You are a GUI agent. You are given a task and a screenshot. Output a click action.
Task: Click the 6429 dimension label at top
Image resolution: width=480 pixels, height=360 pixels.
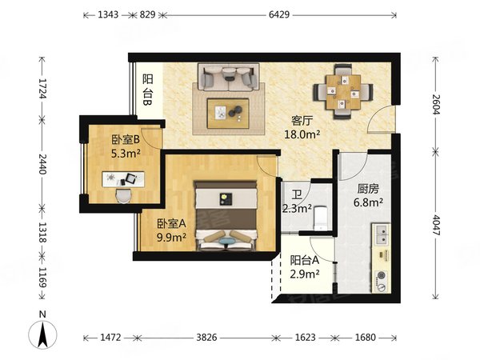(x=279, y=14)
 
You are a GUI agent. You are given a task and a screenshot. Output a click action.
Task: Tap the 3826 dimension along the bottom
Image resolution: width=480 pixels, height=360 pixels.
(x=206, y=338)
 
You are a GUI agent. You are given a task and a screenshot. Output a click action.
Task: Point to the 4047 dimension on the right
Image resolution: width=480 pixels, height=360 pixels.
(x=437, y=225)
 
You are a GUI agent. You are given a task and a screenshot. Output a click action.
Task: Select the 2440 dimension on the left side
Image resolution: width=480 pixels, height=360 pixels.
(x=42, y=164)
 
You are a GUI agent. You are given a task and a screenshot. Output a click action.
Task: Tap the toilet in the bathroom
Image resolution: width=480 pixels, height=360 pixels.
(x=321, y=218)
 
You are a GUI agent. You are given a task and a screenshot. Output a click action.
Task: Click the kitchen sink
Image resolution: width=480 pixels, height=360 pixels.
(x=382, y=234)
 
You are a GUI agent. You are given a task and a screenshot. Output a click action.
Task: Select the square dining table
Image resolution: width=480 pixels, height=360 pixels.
(x=343, y=92)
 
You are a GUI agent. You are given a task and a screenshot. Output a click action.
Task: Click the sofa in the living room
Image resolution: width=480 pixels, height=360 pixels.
(x=228, y=78)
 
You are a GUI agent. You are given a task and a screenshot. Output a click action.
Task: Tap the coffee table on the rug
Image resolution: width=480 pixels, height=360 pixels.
(x=228, y=114)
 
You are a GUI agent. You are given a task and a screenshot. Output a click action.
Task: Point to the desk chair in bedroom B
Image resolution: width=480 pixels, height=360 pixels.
(x=124, y=196)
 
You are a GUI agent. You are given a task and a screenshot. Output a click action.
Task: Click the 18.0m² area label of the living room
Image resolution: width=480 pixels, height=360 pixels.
(x=302, y=134)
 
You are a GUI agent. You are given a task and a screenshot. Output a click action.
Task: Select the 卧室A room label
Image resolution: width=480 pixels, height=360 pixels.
(x=171, y=224)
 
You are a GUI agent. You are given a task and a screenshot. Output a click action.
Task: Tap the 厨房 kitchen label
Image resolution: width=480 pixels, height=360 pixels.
(x=368, y=189)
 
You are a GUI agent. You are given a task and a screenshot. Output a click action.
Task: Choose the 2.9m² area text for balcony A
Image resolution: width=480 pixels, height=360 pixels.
(x=305, y=274)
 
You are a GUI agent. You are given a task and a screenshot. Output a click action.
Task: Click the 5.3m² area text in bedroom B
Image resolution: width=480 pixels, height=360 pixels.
(x=126, y=154)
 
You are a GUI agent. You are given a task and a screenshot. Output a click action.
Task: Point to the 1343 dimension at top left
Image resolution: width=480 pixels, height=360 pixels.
(x=108, y=14)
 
